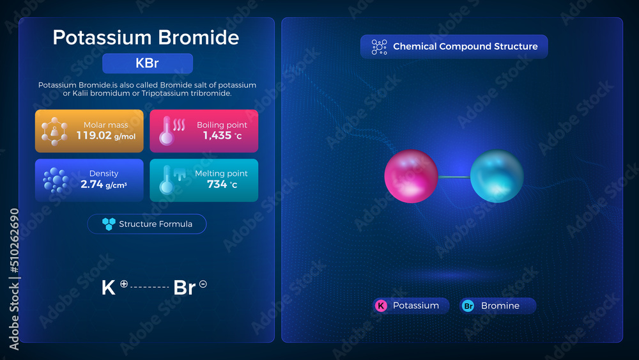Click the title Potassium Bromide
[146, 37]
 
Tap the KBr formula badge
[147, 64]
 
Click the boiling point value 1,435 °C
[220, 136]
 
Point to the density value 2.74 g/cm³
[104, 184]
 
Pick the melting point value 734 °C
[222, 184]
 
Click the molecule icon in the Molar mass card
[54, 131]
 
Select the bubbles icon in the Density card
[56, 181]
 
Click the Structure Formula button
[147, 224]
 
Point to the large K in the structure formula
[109, 288]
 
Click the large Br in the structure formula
[185, 288]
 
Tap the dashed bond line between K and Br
[150, 288]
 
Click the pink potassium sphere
[411, 176]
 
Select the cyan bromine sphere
[497, 176]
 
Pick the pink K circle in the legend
[381, 306]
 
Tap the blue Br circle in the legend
[468, 306]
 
